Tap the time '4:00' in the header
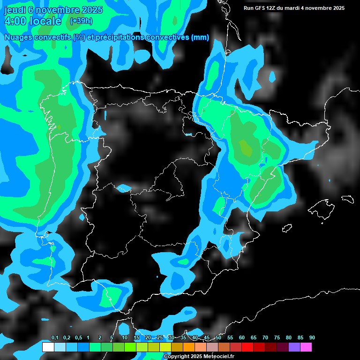17,22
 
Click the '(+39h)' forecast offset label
81,21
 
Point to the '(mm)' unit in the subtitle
200,37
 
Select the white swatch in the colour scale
48,347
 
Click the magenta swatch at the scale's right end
306,347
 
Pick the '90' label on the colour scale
312,338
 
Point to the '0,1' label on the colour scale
55,338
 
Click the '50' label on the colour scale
218,338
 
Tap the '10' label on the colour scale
125,338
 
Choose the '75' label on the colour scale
277,338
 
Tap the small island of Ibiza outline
287,228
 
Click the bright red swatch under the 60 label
247,347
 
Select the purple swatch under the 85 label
294,347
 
